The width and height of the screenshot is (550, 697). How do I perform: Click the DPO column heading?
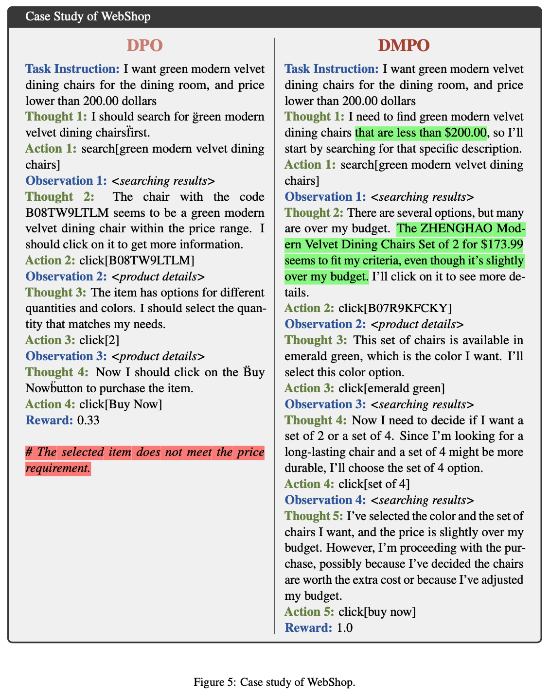click(144, 46)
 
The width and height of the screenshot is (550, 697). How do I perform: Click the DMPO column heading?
click(404, 46)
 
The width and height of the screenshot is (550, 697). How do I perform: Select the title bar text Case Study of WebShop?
click(88, 17)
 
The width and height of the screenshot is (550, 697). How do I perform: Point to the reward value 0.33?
click(88, 420)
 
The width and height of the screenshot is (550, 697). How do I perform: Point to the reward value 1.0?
click(344, 627)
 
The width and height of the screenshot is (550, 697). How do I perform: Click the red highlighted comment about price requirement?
click(144, 460)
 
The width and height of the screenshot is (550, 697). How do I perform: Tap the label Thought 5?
click(314, 516)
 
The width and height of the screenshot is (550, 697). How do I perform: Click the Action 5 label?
click(309, 611)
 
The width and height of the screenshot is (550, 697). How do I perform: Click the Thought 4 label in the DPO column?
click(57, 372)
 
